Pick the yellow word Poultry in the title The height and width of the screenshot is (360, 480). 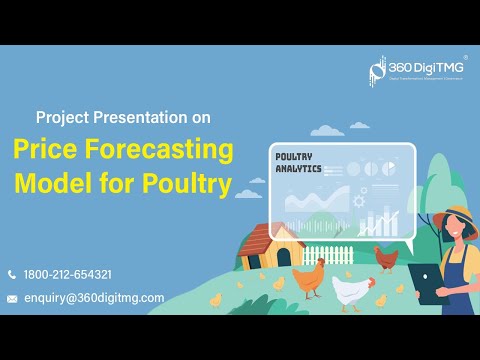click(x=189, y=184)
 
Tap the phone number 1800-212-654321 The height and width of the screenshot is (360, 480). click(x=67, y=274)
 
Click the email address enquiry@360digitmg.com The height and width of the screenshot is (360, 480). click(x=94, y=297)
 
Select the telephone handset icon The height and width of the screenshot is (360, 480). click(x=12, y=274)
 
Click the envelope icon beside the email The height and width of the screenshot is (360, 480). click(x=12, y=298)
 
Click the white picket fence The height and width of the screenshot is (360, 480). click(x=329, y=257)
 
